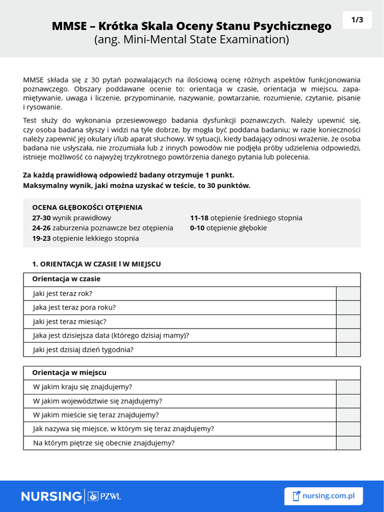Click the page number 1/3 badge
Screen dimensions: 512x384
[357, 20]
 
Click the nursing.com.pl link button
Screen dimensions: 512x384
[323, 496]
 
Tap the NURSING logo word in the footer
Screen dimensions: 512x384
[51, 496]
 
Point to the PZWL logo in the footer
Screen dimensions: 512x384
[104, 496]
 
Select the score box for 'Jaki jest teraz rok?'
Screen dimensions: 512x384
[348, 293]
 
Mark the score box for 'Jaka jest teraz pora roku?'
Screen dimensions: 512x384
[348, 307]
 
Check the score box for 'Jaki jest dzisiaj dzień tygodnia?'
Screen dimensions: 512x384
[348, 349]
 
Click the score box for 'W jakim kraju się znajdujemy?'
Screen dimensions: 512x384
[348, 387]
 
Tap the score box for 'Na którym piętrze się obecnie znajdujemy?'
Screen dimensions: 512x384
[348, 443]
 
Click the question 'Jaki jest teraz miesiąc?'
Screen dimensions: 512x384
[69, 321]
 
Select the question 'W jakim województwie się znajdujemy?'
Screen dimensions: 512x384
[97, 401]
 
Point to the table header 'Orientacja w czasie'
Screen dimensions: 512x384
[66, 279]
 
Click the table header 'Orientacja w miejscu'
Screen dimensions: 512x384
[69, 372]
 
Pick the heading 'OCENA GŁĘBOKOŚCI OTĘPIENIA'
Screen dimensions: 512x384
[87, 207]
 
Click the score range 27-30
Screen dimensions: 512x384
[41, 218]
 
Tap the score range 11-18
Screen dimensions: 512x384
[199, 218]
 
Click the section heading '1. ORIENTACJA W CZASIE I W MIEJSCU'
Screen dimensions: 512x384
[96, 263]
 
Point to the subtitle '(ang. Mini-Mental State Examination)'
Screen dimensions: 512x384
[192, 39]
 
